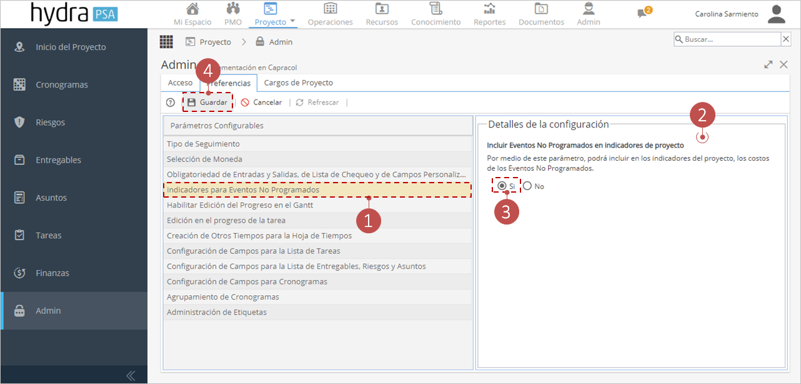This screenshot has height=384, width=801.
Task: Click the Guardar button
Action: point(207,103)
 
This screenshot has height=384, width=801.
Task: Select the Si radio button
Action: point(502,186)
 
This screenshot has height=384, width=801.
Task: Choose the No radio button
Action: point(527,186)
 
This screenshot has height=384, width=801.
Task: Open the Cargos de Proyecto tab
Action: point(298,83)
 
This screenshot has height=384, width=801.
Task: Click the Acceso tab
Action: point(180,83)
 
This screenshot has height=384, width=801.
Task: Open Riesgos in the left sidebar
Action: point(50,123)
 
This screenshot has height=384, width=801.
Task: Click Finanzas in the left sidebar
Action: point(52,273)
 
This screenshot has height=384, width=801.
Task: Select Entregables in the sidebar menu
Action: point(58,160)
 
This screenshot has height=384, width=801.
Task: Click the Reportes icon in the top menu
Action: point(490,9)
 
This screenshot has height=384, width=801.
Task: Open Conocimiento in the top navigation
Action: point(435,14)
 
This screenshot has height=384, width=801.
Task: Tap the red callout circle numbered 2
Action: point(702,115)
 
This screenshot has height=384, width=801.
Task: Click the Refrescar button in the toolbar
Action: point(317,103)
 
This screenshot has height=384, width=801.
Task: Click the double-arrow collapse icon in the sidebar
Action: point(131,375)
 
